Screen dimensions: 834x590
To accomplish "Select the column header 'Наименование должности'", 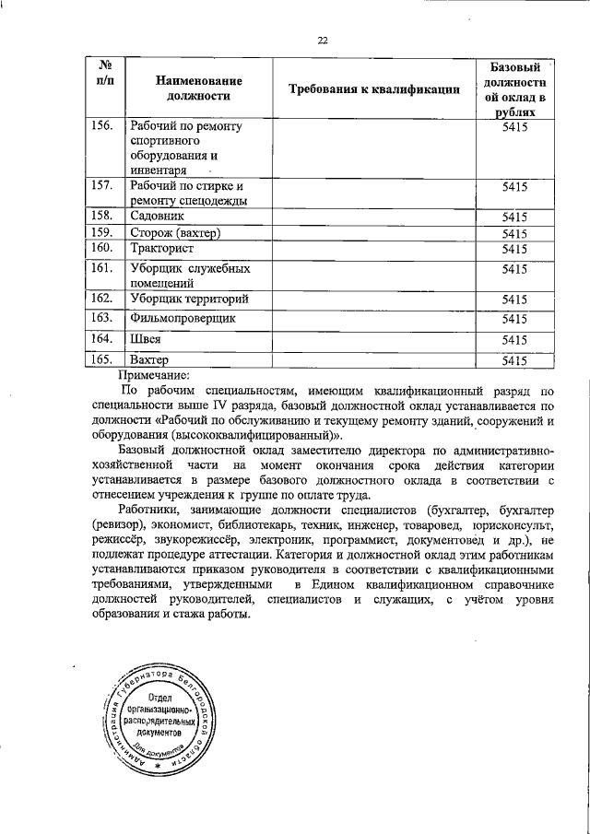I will [x=193, y=88].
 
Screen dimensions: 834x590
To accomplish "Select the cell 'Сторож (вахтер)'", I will [x=175, y=232].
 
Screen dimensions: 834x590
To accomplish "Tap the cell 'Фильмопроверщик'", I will [x=183, y=318].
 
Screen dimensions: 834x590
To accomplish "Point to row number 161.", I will [x=102, y=268].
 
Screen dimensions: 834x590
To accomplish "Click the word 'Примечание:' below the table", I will [x=153, y=374].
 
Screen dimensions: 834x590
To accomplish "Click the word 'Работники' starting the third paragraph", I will [x=150, y=511].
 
